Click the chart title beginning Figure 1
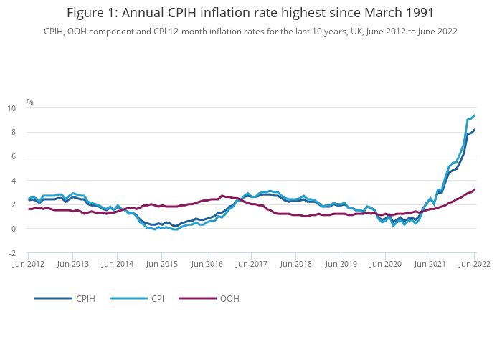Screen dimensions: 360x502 point(250,13)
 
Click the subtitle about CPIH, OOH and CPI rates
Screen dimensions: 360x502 point(250,32)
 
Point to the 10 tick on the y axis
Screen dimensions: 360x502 point(11,108)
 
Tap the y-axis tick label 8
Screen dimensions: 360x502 point(13,133)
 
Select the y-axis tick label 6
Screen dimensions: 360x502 point(13,156)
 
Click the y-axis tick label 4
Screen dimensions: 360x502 point(13,181)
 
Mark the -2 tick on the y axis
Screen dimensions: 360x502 point(11,253)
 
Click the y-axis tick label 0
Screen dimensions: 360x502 point(13,229)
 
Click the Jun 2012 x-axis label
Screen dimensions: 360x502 point(29,265)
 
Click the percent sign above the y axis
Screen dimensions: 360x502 point(30,103)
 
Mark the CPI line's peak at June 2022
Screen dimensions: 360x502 point(474,115)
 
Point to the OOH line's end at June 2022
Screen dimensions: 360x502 point(474,190)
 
